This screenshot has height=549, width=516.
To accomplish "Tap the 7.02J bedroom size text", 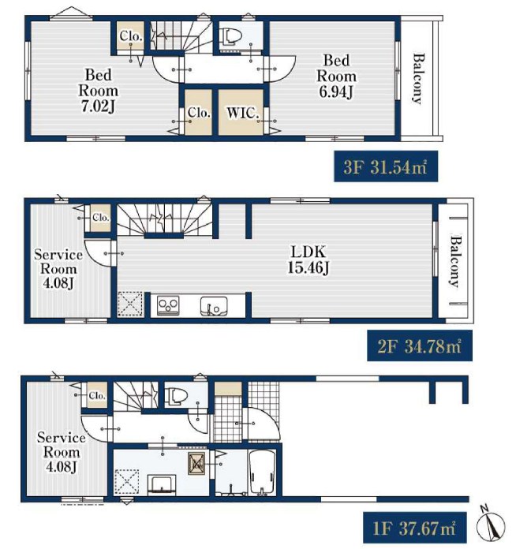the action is pyautogui.click(x=98, y=106).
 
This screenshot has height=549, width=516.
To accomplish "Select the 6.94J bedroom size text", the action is pyautogui.click(x=336, y=91).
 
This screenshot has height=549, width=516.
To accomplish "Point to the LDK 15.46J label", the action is pyautogui.click(x=308, y=260).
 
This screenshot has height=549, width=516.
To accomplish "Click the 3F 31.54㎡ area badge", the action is pyautogui.click(x=386, y=166).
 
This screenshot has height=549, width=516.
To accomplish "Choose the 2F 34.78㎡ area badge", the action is pyautogui.click(x=420, y=346).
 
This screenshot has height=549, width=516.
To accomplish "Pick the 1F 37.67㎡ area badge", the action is pyautogui.click(x=415, y=528).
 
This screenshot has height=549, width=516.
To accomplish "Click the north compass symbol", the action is pyautogui.click(x=491, y=524).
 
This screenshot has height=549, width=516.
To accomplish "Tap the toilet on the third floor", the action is pyautogui.click(x=230, y=37).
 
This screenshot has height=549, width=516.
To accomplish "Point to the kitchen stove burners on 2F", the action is pyautogui.click(x=168, y=305).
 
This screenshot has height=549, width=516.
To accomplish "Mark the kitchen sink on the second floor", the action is pyautogui.click(x=214, y=306).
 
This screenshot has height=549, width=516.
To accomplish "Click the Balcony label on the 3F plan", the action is pyautogui.click(x=417, y=78).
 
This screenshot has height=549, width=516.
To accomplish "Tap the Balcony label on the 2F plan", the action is pyautogui.click(x=455, y=262).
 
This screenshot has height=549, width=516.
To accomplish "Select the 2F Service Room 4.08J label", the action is pyautogui.click(x=58, y=269).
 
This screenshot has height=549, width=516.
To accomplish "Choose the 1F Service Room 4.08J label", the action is pyautogui.click(x=62, y=452).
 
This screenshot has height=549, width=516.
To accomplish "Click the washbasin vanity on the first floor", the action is pyautogui.click(x=162, y=484).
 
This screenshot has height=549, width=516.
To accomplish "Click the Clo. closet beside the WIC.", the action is pyautogui.click(x=198, y=112).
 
